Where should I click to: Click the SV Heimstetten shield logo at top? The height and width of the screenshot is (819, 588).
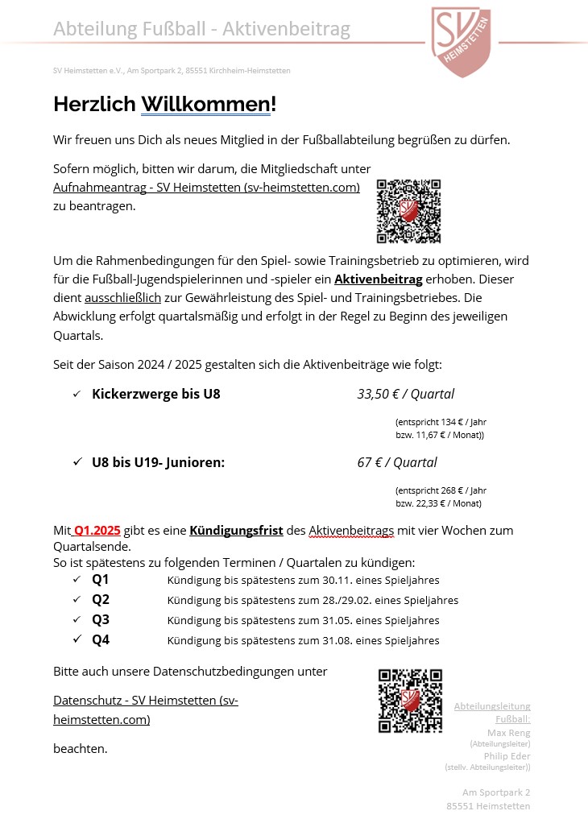461,41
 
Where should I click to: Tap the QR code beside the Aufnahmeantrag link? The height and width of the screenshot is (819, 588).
408,211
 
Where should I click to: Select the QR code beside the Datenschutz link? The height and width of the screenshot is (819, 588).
410,701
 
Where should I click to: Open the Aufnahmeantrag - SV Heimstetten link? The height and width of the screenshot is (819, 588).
206,187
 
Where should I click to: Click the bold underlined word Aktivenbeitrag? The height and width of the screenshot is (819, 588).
378,279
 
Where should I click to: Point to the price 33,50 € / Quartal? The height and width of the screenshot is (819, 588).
406,394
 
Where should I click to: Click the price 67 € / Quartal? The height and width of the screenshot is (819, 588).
397,462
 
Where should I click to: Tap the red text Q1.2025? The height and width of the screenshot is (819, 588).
97,530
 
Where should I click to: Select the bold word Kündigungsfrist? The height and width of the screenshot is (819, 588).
236,530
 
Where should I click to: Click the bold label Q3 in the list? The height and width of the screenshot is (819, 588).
101,620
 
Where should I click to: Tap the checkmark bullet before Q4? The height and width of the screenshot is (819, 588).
77,639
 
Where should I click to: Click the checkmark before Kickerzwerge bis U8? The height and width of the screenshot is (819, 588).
77,394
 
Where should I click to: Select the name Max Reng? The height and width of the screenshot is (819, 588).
509,732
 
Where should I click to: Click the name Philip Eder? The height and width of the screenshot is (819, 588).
507,756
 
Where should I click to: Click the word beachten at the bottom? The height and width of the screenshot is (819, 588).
80,748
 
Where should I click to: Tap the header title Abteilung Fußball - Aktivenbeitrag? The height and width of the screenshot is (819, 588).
201,30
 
